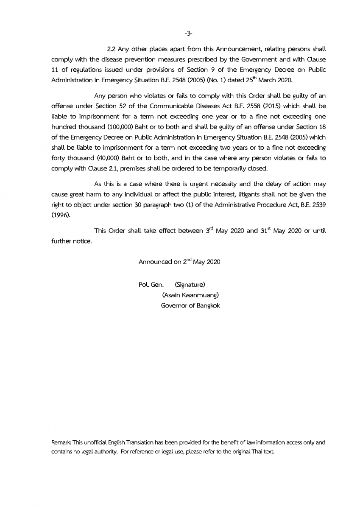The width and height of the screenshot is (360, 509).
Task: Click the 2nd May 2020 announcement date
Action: [201, 262]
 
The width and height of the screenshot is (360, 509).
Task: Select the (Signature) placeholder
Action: [190, 284]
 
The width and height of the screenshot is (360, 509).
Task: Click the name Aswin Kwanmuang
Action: [190, 295]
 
